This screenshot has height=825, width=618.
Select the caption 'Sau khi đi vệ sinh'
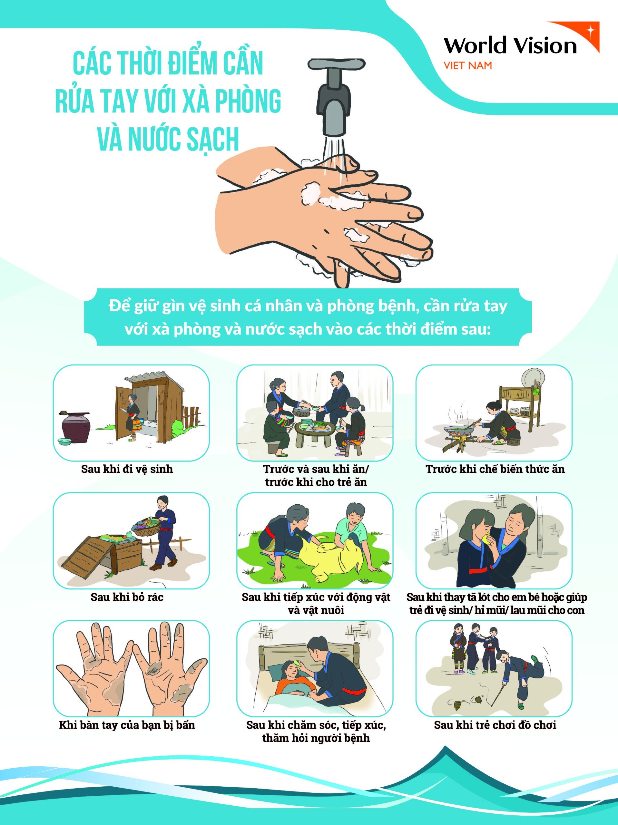[x=127, y=469]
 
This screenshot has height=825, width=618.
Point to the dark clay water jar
[x=75, y=427]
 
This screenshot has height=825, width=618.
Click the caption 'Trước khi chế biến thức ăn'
[x=495, y=469]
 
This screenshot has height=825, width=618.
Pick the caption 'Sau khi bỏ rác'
[x=127, y=597]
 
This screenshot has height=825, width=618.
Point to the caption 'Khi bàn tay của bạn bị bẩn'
[x=127, y=725]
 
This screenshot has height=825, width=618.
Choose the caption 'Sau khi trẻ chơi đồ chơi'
[x=495, y=725]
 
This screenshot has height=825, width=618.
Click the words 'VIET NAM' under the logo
[x=467, y=66]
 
